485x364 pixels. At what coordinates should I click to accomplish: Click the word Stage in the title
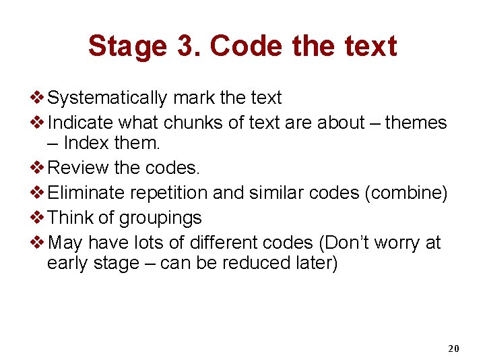[127, 47]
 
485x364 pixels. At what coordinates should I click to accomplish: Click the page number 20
[453, 348]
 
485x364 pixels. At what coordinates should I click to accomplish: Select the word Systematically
[108, 98]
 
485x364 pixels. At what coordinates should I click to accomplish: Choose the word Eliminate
[87, 193]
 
